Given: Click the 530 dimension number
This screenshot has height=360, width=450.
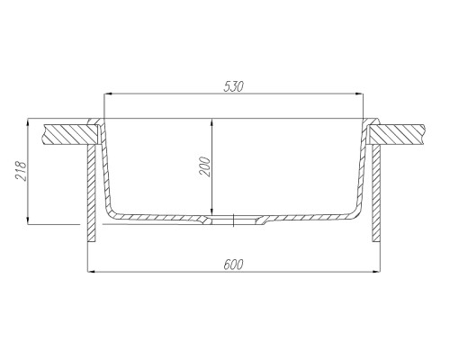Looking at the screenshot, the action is click(233, 86).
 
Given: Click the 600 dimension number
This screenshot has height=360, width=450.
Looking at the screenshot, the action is click(233, 265).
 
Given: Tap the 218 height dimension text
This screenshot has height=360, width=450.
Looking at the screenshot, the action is click(21, 171).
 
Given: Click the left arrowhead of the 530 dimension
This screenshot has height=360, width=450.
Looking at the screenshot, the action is click(106, 94).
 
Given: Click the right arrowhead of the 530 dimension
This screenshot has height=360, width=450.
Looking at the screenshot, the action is click(360, 94).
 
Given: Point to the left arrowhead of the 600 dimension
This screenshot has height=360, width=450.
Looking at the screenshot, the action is click(90, 272).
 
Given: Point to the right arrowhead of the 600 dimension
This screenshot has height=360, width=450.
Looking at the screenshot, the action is click(377, 272).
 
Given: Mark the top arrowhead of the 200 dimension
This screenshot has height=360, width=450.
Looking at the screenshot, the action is click(211, 121).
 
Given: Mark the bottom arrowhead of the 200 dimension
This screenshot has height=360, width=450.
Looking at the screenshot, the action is click(211, 212).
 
